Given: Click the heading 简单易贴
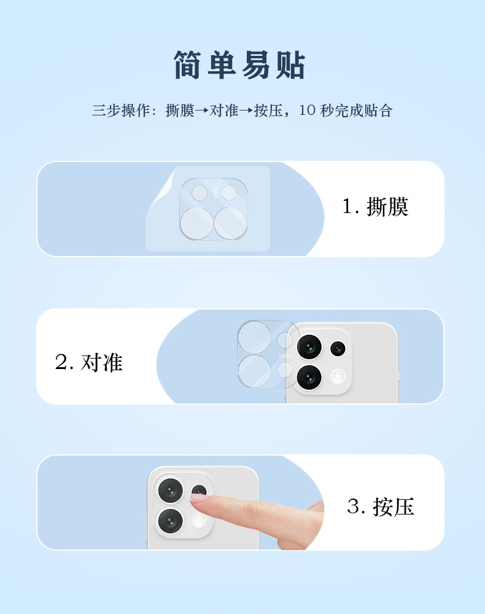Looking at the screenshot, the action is click(239, 64).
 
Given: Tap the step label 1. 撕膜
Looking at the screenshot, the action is click(375, 206).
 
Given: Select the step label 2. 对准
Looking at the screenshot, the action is click(89, 362).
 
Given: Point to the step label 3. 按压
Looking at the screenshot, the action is click(381, 507).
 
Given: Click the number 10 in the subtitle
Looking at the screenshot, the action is click(308, 110).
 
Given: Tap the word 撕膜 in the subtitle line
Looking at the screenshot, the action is click(180, 111).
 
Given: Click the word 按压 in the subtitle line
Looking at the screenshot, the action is click(268, 111).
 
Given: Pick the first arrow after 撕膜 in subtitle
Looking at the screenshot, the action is click(202, 111).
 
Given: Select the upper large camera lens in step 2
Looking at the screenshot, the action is click(309, 346).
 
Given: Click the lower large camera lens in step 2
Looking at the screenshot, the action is click(309, 378).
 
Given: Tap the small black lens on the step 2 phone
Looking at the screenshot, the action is click(338, 349).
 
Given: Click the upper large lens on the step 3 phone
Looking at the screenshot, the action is click(170, 491).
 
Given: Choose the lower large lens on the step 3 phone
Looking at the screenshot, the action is click(170, 521).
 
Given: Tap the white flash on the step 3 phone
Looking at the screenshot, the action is click(200, 521).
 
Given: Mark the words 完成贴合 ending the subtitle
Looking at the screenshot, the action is click(363, 111).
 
